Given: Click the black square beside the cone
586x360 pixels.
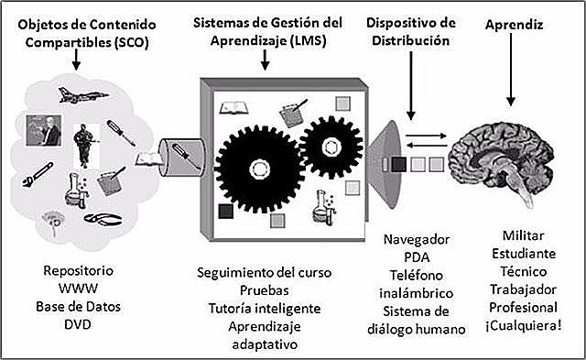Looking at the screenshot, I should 400,165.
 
